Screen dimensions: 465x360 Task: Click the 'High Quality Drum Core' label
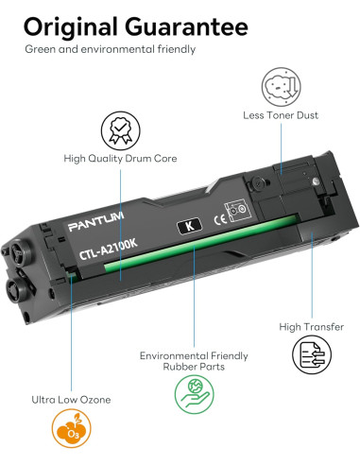122,160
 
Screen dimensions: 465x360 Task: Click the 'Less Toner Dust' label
281,115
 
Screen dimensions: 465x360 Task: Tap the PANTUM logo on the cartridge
96,228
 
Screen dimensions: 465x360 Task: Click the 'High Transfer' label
311,327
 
